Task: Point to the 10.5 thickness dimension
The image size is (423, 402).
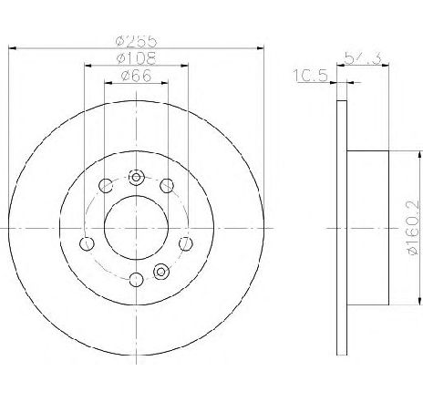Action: coord(312,76)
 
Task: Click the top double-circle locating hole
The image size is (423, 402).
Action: coord(136,178)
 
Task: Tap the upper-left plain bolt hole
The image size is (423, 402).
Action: coord(105,187)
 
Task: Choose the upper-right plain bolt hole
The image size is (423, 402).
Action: coord(167,187)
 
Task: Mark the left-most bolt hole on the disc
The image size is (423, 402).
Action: coord(88,243)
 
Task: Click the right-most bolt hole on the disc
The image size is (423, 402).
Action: coord(185,243)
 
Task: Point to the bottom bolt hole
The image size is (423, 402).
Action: coord(136,280)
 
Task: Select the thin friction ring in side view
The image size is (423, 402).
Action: coord(342,228)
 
